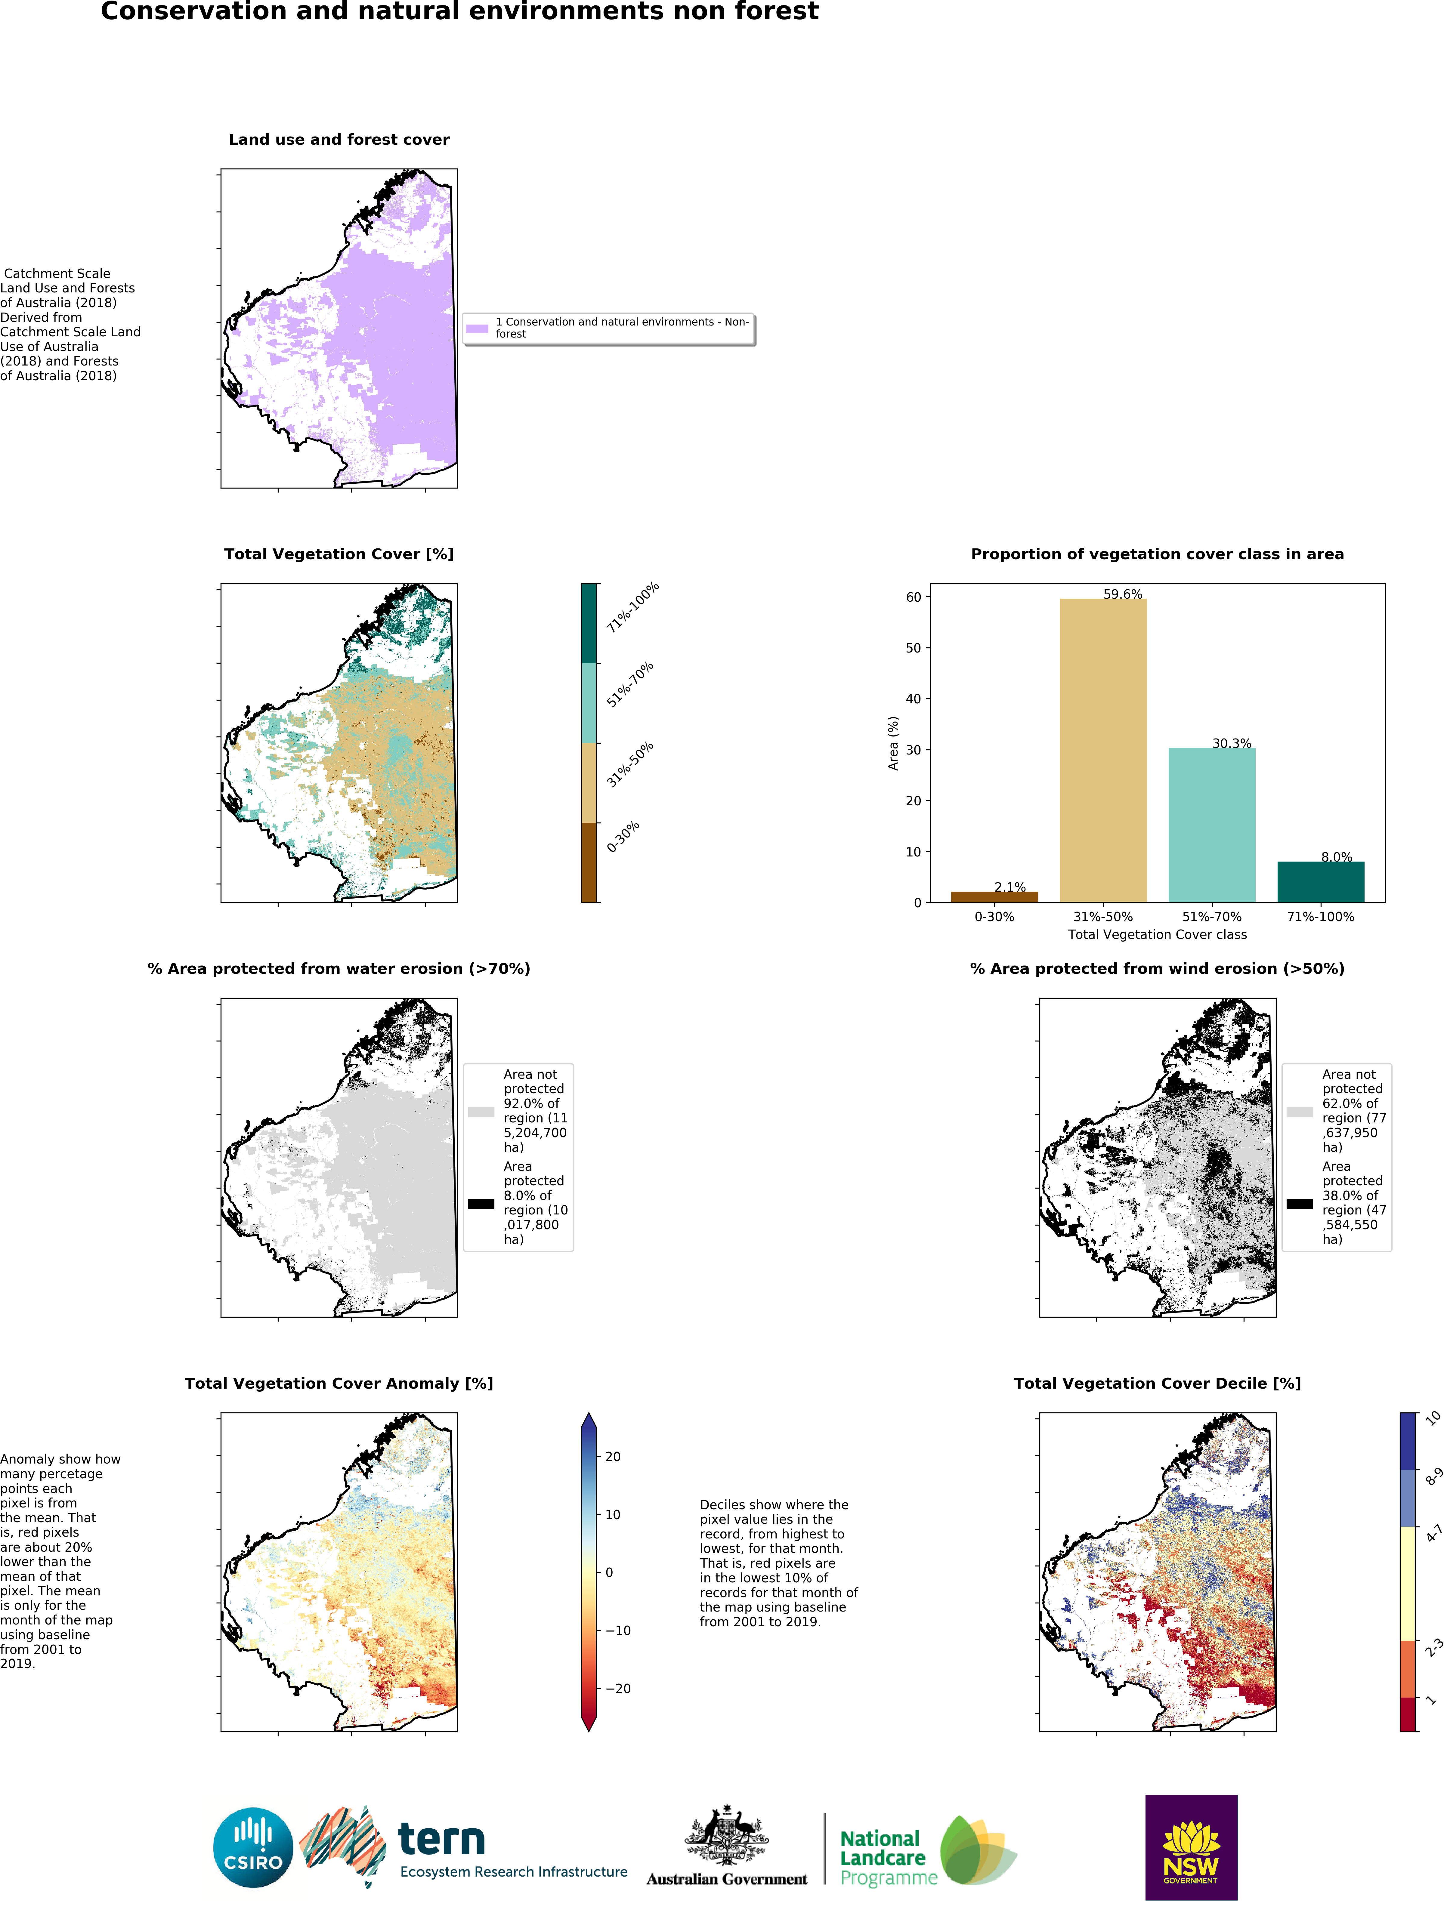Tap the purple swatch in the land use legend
point(477,329)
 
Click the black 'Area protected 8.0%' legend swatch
point(481,1203)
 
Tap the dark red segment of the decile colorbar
point(1407,1714)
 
